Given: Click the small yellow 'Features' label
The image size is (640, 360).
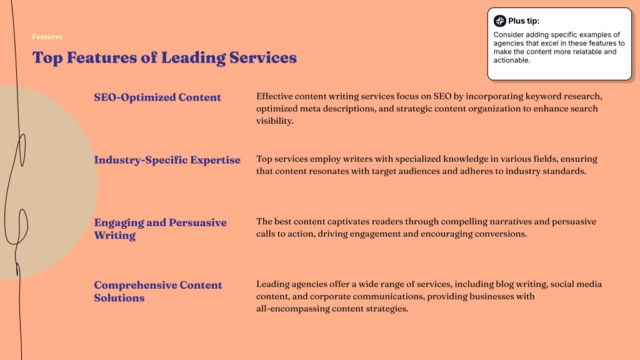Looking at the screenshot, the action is coord(47,37).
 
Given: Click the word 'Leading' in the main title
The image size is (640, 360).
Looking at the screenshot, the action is coord(193,57).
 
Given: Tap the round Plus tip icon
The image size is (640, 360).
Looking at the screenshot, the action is coord(499,21).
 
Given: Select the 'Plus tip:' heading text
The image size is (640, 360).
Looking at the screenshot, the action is coord(524,21).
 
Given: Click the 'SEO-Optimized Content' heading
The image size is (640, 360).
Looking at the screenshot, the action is coord(157,97).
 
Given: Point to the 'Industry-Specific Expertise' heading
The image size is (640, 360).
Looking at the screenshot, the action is coord(167,159).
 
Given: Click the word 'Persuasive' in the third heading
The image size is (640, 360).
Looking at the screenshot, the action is coord(197,222).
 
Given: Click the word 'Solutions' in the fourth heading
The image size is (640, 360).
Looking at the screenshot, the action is coord(119,298).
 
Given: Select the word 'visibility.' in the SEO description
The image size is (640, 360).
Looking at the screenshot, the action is coord(275,121).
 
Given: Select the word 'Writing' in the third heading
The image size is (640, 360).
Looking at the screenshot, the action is coord(115,236).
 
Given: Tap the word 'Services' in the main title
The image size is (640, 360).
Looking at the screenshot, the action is coord(263,57).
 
